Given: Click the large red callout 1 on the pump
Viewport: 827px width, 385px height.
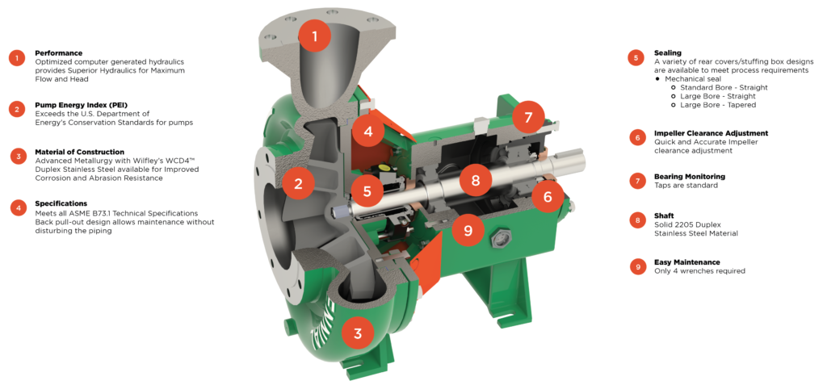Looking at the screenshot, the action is tap(315, 36).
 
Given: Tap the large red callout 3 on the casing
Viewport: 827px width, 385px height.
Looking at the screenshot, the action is tap(358, 333).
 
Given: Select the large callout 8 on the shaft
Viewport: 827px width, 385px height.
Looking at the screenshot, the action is tap(476, 180).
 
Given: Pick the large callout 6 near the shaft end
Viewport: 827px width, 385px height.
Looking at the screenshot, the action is tap(548, 197).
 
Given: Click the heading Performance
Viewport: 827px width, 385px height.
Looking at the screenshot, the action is tap(58, 53).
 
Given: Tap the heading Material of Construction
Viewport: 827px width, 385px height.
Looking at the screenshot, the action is tap(80, 152).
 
